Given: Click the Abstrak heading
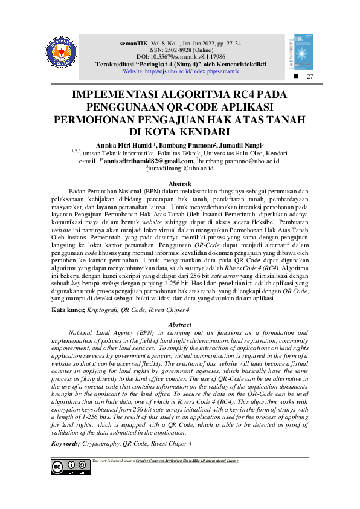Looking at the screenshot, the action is point(179,183).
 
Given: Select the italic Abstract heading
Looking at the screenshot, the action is point(179,325).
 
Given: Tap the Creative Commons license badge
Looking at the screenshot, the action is point(69,467).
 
